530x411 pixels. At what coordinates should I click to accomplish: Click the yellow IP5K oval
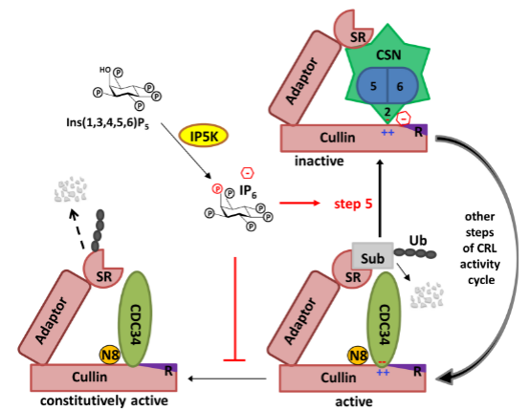click(x=204, y=136)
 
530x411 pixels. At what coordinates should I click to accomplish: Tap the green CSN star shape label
click(x=388, y=55)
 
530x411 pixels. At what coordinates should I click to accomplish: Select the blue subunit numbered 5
click(x=372, y=86)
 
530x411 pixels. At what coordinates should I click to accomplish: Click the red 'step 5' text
click(x=353, y=204)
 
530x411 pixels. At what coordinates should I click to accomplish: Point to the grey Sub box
click(x=372, y=255)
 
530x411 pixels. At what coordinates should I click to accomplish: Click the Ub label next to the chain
click(x=418, y=241)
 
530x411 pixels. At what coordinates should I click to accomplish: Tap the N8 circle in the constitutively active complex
click(x=109, y=355)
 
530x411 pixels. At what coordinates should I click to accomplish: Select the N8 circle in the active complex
click(x=358, y=356)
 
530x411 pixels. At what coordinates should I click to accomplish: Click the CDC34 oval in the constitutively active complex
click(x=135, y=319)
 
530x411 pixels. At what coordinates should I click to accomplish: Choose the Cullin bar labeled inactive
click(x=354, y=139)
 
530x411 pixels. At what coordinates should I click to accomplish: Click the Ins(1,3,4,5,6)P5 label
click(x=108, y=123)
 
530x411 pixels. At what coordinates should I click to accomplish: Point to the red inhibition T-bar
click(x=234, y=309)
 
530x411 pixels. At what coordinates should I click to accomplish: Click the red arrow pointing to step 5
click(x=299, y=203)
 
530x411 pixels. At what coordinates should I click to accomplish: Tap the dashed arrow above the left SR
click(x=77, y=229)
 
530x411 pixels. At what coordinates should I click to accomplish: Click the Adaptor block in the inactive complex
click(x=305, y=78)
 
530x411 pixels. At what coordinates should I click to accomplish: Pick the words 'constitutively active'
click(x=104, y=400)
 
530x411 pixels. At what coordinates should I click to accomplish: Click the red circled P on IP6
click(x=217, y=188)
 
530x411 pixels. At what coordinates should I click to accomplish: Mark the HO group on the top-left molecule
click(x=105, y=70)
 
